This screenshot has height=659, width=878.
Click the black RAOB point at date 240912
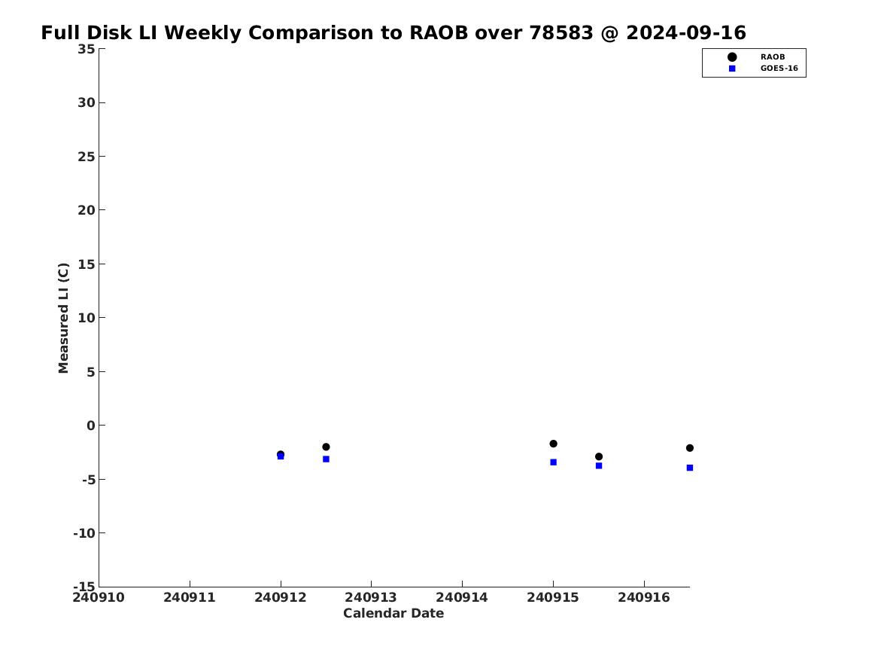tap(281, 454)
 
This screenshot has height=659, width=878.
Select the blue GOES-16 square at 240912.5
tap(326, 459)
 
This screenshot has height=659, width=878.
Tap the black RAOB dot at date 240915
tap(553, 444)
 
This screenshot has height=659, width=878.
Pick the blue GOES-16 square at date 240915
tap(553, 462)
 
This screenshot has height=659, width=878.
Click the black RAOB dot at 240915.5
tap(599, 456)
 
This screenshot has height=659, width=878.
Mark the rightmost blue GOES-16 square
tap(690, 468)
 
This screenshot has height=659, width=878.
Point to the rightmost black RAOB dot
tap(690, 448)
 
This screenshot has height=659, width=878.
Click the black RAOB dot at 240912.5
tap(326, 447)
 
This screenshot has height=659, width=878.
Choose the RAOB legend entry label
tap(773, 57)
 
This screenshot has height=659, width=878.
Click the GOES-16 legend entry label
tap(779, 69)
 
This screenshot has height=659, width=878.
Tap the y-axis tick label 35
tap(87, 49)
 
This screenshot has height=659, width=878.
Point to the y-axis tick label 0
tap(91, 426)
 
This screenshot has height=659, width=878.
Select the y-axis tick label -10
tap(84, 533)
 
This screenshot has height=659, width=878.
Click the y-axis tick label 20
tap(87, 210)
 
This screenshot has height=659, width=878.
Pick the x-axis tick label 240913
tap(371, 598)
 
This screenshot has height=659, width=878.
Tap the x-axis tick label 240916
tap(644, 598)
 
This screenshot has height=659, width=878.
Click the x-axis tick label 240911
tap(190, 598)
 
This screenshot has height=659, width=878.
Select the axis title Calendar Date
tap(393, 614)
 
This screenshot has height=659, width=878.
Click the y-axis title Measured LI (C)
tap(63, 318)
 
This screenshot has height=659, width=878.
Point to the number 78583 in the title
tap(561, 33)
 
